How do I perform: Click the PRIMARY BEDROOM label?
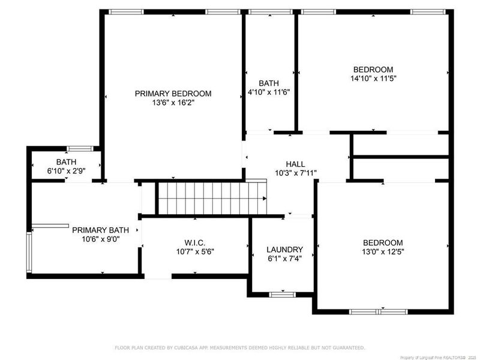(x=173, y=94)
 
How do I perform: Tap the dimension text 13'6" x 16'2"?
(x=173, y=103)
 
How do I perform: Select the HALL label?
(x=295, y=164)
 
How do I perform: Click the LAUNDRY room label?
(x=285, y=250)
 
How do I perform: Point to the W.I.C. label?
(x=196, y=243)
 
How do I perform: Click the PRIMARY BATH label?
(x=100, y=230)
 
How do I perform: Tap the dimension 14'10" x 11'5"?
(x=373, y=79)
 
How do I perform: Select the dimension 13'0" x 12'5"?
(x=383, y=252)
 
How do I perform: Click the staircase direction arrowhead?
(x=264, y=199)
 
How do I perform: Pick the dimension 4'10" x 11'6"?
(x=269, y=92)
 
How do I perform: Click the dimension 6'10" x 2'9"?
(x=66, y=172)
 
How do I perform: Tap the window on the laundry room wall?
(x=282, y=294)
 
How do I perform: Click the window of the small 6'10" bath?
(x=79, y=148)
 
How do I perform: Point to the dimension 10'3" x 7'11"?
(x=295, y=173)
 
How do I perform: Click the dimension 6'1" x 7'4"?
(x=285, y=259)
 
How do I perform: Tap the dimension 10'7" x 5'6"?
(x=196, y=253)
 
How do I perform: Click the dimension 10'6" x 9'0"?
(x=100, y=239)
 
